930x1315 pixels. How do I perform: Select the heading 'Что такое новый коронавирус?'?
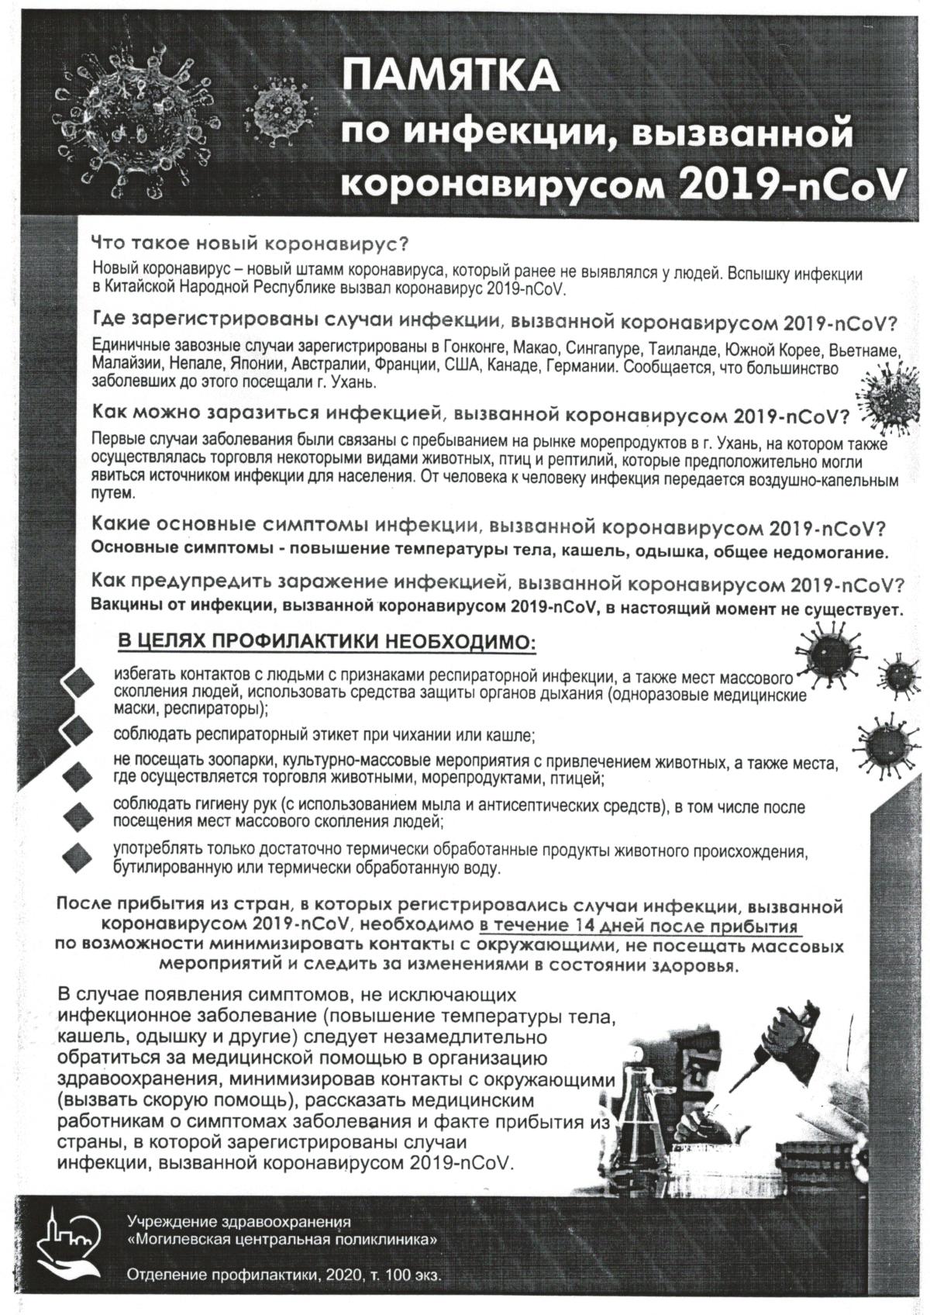tap(250, 243)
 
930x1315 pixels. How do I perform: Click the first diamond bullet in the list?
tap(79, 682)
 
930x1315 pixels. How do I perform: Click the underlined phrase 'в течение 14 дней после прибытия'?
tap(639, 926)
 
